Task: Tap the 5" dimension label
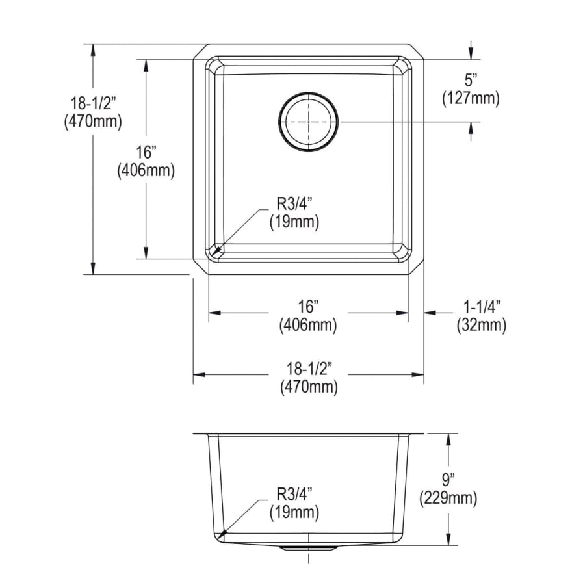[471, 80]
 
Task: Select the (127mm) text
[471, 99]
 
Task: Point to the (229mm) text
[448, 499]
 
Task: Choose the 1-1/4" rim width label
[482, 307]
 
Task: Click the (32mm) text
[482, 326]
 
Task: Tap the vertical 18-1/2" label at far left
[92, 103]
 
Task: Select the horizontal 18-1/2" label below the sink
[309, 369]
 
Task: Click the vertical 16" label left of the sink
[146, 153]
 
